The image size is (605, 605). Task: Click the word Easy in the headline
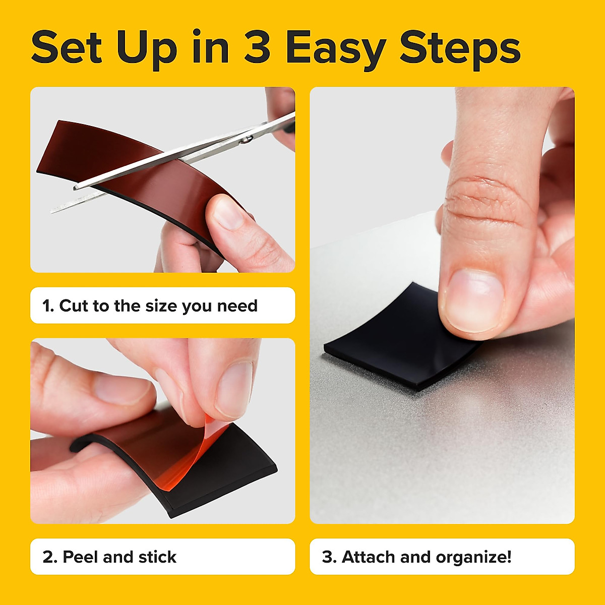[x=336, y=48]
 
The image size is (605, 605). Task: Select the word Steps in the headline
[x=460, y=48]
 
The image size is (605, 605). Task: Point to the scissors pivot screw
[x=246, y=140]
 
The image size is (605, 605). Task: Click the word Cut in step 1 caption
[x=74, y=306]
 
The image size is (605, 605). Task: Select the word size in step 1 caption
[x=161, y=306]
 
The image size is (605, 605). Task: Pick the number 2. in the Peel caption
[x=49, y=557]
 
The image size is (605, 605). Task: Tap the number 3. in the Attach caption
[x=329, y=557]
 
